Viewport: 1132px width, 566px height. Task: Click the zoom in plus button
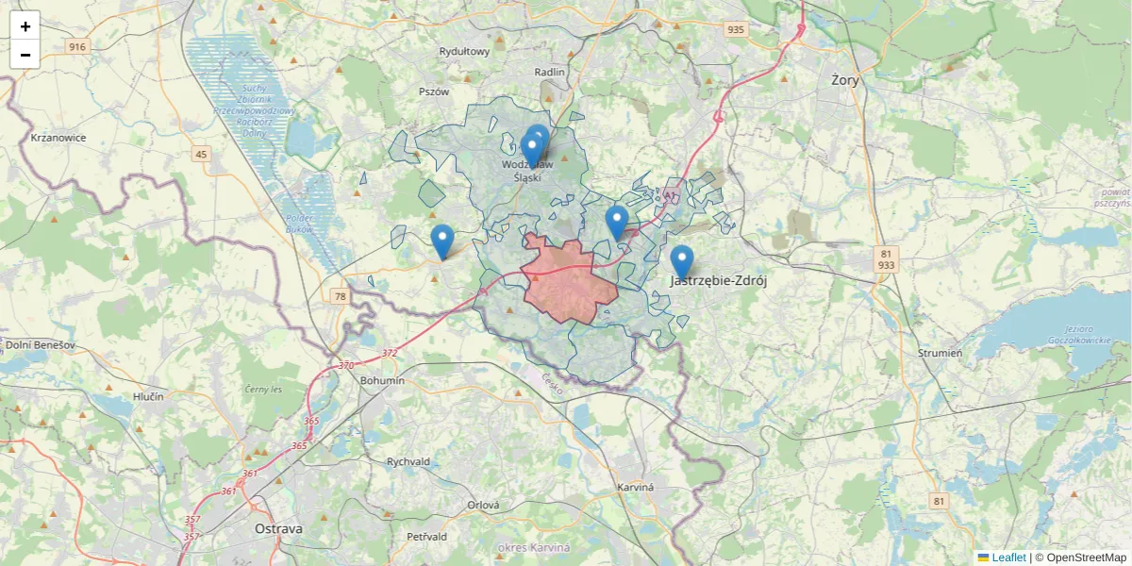(x=25, y=25)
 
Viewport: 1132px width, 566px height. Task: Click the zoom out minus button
(x=25, y=55)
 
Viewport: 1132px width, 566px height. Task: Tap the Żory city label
(x=845, y=80)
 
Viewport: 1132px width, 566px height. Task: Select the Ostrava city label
(x=278, y=529)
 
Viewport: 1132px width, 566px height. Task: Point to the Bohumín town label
(x=382, y=380)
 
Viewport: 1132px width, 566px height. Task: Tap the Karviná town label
(x=635, y=487)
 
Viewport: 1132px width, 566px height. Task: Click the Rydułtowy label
(x=464, y=52)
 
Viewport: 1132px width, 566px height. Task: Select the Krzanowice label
(x=58, y=138)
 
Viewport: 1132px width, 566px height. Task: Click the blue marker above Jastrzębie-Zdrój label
(x=681, y=258)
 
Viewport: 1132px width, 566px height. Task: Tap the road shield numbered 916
(x=77, y=47)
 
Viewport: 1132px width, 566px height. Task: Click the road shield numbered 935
(x=736, y=29)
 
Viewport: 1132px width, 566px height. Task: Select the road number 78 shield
(x=340, y=296)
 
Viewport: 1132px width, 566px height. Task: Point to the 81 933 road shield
(x=886, y=259)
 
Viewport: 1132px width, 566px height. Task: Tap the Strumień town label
(x=940, y=353)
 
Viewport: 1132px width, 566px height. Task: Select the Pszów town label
(x=434, y=92)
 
